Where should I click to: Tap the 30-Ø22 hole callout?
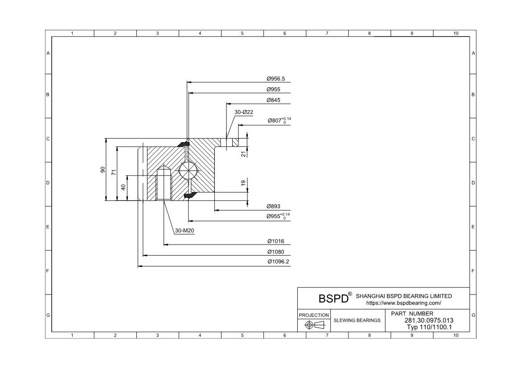point(244,112)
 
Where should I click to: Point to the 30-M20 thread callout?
point(185,231)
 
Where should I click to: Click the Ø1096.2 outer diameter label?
point(278,262)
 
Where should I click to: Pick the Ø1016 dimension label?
point(275,241)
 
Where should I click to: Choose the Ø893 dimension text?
point(273,206)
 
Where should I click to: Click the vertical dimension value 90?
point(103,169)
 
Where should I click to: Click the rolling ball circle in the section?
point(187,171)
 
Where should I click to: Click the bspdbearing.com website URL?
point(403,303)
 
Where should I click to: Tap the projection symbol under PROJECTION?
point(314,325)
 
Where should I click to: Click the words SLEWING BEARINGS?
point(357,320)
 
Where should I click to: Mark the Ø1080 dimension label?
point(275,252)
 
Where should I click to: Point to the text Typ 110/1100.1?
point(430,327)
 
